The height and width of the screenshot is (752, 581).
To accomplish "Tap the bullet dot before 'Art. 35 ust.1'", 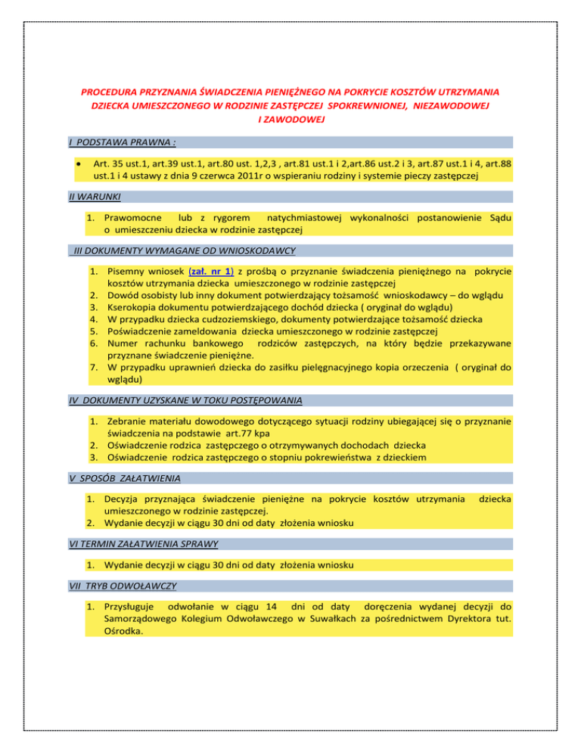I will [78, 163].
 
